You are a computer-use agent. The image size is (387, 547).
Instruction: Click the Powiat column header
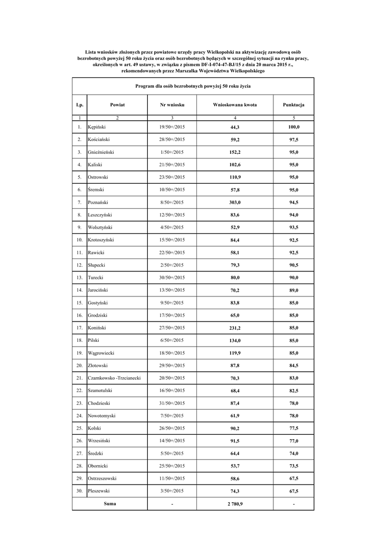[117, 105]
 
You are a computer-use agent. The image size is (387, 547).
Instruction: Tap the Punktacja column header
[294, 105]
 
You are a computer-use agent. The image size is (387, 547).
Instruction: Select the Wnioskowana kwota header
[235, 105]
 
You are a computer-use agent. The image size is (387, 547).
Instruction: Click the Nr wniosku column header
[172, 105]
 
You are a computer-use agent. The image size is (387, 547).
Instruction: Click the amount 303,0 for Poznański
[235, 202]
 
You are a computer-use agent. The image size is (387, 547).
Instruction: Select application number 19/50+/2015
[172, 127]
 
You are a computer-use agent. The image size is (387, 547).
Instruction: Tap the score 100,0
[294, 127]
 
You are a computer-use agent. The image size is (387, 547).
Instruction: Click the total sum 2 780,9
[235, 504]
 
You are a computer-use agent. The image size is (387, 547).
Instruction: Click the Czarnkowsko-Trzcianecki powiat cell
[114, 378]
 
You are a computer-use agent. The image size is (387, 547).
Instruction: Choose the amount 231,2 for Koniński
[235, 328]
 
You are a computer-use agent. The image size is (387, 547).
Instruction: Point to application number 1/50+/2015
[172, 152]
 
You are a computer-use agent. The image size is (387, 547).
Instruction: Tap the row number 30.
[79, 491]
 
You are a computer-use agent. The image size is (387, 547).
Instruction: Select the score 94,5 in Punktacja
[294, 202]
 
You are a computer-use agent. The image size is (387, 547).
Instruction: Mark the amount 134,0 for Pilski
[235, 340]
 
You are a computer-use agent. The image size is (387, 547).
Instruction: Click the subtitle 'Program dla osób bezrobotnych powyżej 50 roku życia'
[193, 85]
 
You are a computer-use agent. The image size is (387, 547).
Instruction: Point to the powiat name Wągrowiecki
[101, 353]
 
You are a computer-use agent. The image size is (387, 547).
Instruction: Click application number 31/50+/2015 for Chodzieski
[172, 403]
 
